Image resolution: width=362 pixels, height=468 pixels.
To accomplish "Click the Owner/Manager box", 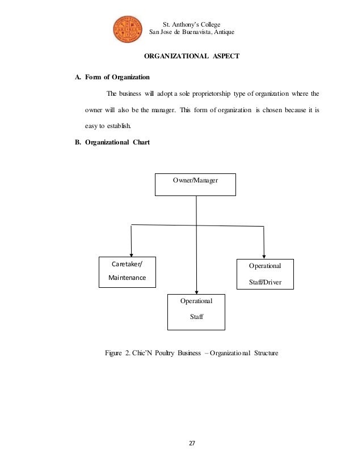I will pos(195,185).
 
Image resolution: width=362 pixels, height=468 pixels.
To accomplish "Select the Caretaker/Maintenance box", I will pos(127,271).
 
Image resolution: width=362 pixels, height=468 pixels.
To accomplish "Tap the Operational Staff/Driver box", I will pos(264,274).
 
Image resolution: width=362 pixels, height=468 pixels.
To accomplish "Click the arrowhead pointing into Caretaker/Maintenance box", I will pos(132,253).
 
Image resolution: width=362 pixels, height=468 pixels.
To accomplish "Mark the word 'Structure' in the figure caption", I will pos(263,354).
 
